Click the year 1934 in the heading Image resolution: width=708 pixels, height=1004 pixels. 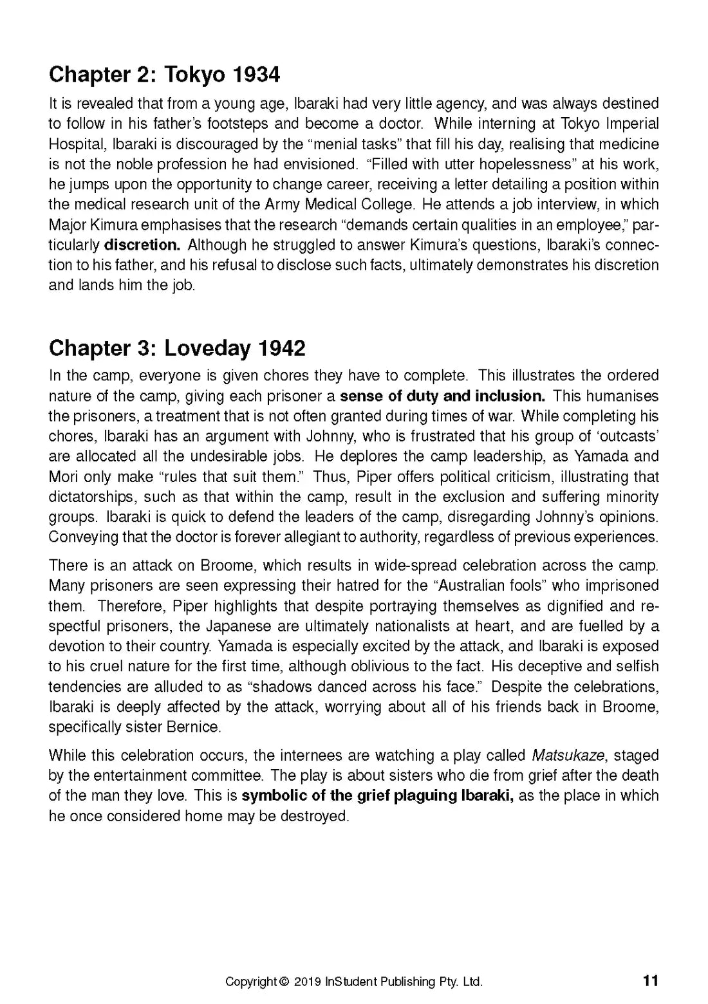tap(256, 75)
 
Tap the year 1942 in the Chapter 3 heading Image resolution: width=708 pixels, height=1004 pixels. tap(281, 348)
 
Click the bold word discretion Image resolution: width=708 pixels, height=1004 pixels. tap(142, 245)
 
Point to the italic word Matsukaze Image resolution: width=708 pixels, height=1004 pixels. tap(572, 755)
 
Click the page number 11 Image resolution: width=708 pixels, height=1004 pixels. tap(651, 981)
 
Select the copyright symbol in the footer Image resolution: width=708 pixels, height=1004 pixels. tap(284, 982)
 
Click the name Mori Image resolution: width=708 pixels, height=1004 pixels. tap(62, 477)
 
